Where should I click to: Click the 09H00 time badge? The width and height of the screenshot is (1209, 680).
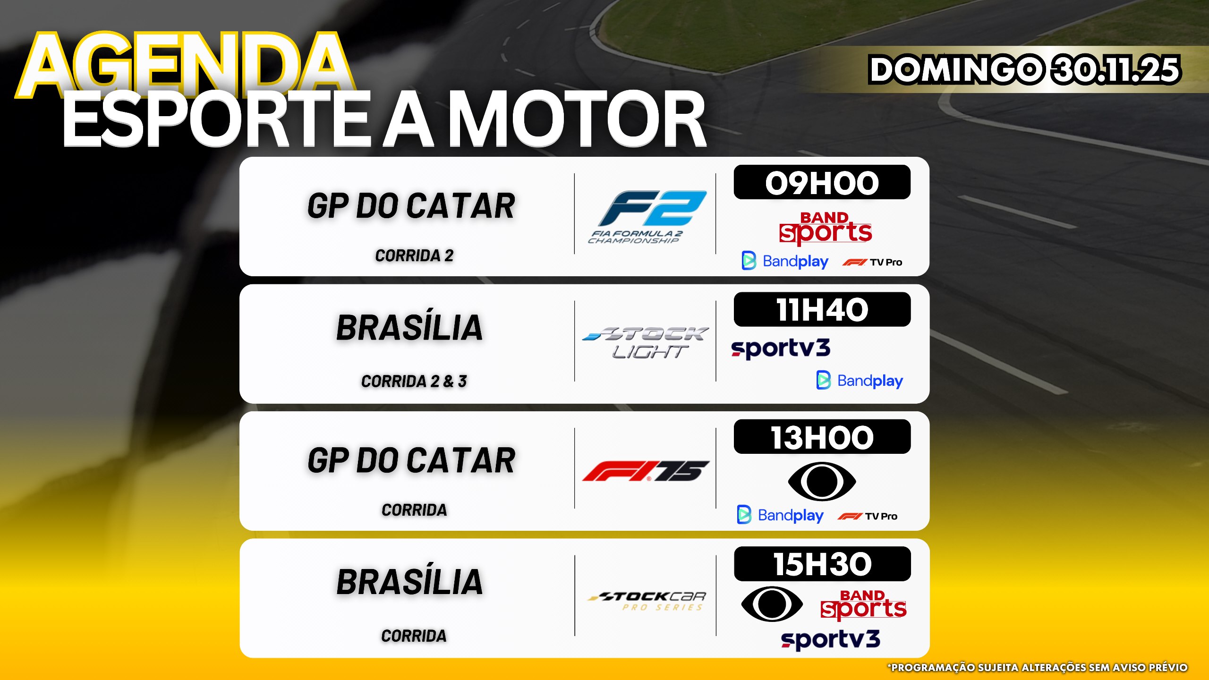pos(822,182)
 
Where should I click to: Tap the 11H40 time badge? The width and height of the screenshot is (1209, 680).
pos(822,309)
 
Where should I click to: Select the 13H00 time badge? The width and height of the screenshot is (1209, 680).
pos(822,437)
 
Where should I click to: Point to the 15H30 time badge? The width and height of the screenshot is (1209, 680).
pos(822,564)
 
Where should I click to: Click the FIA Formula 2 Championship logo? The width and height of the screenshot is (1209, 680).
pos(647,217)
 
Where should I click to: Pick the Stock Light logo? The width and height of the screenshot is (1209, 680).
pos(646,342)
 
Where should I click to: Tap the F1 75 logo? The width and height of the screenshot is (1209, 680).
pos(646,471)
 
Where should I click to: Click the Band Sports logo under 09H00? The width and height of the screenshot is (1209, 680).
pos(825,229)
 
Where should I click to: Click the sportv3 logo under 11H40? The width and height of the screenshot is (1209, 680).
pos(781,348)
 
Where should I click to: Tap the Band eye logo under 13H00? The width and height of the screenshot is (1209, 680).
pos(822,482)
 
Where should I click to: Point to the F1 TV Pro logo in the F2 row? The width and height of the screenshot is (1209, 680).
pos(872,262)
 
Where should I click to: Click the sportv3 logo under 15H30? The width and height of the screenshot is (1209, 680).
pos(831,640)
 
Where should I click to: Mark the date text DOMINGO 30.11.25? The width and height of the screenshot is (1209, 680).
pos(1025,69)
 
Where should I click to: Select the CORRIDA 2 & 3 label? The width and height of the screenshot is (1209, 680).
pos(414,381)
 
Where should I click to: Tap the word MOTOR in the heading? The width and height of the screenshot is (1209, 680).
pos(577,119)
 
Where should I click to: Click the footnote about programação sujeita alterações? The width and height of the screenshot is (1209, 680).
pos(1038,667)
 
